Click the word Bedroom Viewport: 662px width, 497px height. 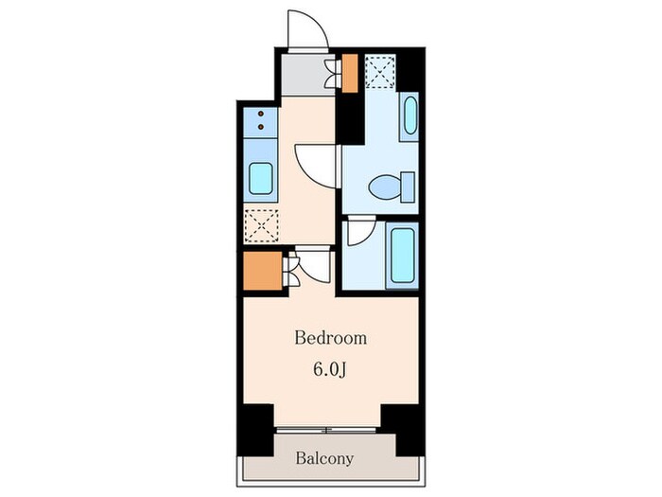(x=330, y=338)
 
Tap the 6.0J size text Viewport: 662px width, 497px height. (x=330, y=369)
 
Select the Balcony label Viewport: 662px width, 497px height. (x=324, y=458)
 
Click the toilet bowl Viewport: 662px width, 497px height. (x=385, y=186)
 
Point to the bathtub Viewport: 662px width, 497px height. (x=402, y=256)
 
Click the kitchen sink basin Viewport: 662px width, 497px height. (x=261, y=178)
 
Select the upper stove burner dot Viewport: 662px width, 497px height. (x=260, y=114)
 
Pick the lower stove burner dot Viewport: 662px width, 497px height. (x=260, y=126)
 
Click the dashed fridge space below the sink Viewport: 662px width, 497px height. (x=261, y=226)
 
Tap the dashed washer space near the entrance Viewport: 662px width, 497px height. (x=380, y=71)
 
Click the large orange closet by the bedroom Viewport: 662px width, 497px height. (x=263, y=271)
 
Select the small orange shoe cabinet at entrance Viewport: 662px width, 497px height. (x=350, y=73)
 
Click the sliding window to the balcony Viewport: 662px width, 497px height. (x=326, y=430)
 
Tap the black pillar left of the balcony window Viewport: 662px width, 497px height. (x=255, y=430)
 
